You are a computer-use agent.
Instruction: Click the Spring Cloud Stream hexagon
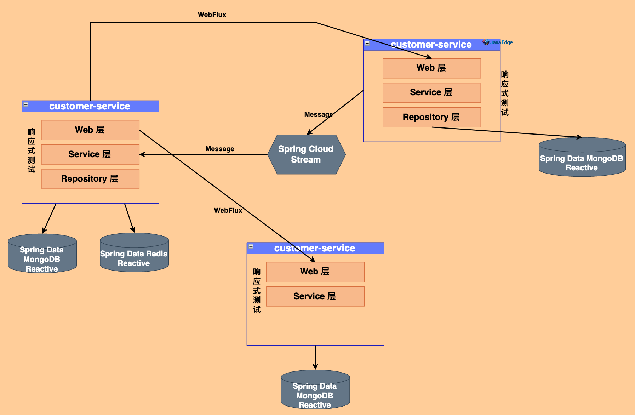306,154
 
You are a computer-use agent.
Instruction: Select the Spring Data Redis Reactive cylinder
134,254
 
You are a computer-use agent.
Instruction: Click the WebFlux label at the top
212,15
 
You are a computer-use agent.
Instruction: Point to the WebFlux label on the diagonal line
228,210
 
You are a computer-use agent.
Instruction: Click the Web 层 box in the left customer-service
90,130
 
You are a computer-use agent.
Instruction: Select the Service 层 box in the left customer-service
90,154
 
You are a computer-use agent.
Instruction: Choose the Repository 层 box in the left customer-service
90,179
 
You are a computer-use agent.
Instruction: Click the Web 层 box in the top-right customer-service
431,68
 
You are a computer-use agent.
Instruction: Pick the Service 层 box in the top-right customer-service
431,92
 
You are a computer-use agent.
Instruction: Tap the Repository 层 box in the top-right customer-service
431,117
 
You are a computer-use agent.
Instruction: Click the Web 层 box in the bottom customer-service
315,272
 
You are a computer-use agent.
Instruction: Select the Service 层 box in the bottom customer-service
315,296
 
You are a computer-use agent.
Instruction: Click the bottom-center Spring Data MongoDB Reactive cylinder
315,391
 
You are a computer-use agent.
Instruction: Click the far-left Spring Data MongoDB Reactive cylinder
42,254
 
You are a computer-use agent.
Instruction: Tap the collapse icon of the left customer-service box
26,104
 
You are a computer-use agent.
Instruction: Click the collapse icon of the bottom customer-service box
251,246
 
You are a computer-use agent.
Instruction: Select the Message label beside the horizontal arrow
219,149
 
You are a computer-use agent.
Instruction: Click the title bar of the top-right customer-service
431,45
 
